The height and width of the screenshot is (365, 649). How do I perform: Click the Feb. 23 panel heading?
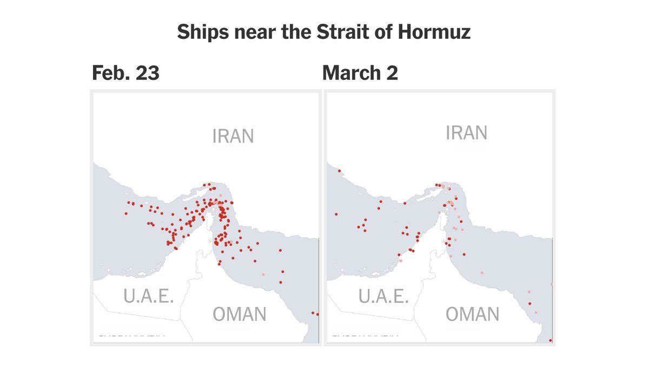(125, 72)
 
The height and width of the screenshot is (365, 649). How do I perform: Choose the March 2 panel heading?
(360, 72)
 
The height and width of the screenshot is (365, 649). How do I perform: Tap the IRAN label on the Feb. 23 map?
(233, 136)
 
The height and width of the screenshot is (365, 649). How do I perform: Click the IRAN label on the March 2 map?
(466, 133)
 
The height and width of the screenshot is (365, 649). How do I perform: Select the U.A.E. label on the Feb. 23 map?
(148, 296)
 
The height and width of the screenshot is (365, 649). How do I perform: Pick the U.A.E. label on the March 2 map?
(383, 296)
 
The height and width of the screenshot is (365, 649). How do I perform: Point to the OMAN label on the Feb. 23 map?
(239, 314)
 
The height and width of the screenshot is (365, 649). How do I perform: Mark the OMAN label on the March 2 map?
(473, 314)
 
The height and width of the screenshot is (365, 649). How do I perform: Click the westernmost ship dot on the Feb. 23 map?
(126, 213)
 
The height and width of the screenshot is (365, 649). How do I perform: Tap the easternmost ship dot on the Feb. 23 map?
(317, 314)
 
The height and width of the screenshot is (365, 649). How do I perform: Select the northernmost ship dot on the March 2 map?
(339, 171)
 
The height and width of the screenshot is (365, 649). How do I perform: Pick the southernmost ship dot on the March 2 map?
(551, 340)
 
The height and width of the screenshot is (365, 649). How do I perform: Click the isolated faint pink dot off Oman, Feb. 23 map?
(263, 274)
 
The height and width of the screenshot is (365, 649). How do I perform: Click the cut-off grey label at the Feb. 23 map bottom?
(131, 335)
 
